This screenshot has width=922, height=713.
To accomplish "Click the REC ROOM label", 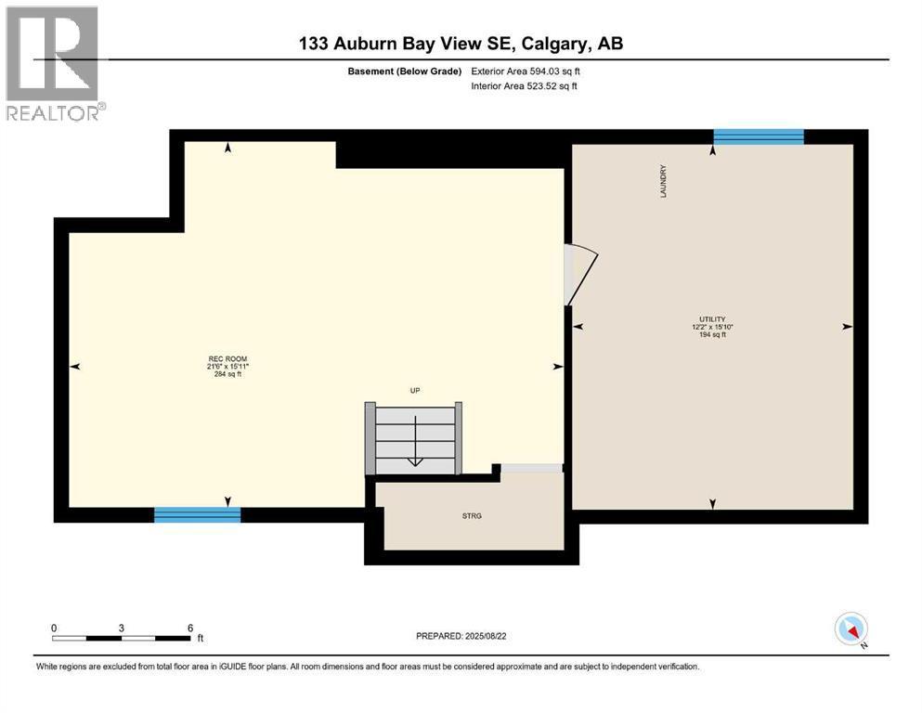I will (x=227, y=358).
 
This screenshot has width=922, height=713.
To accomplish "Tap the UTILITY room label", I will (x=712, y=318).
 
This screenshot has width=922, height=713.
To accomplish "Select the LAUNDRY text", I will (x=663, y=179).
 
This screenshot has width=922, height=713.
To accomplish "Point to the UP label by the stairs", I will (x=415, y=391).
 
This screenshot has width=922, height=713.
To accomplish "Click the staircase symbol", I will (x=415, y=438).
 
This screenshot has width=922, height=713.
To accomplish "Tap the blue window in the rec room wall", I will (x=197, y=514).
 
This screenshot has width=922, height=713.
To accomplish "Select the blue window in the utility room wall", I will (x=758, y=136).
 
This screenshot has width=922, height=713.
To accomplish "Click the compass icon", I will (x=851, y=629).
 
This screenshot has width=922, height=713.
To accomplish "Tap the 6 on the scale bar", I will (x=189, y=628).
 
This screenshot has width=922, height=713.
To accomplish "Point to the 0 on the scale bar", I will (x=54, y=628).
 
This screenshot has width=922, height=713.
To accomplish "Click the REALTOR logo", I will (x=53, y=64).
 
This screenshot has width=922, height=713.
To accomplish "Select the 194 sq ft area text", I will (x=712, y=334).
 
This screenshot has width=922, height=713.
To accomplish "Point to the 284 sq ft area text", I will (x=227, y=374).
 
